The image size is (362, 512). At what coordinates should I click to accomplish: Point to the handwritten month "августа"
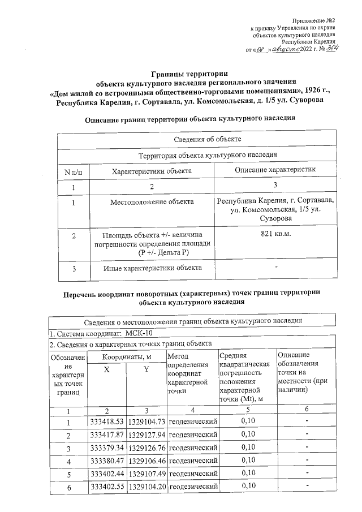[286, 50]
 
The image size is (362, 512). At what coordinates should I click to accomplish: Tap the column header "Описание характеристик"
[275, 170]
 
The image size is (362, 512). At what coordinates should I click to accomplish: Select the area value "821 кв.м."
[275, 234]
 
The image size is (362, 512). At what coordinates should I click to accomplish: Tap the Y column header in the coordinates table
[146, 369]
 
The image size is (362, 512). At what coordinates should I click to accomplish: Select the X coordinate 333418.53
[107, 422]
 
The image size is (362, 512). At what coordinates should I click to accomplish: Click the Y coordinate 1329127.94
[146, 435]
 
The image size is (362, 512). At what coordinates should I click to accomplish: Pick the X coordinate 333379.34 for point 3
[107, 448]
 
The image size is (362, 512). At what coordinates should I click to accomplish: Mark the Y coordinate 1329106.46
[146, 461]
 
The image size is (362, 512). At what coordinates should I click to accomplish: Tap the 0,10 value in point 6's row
[248, 486]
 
